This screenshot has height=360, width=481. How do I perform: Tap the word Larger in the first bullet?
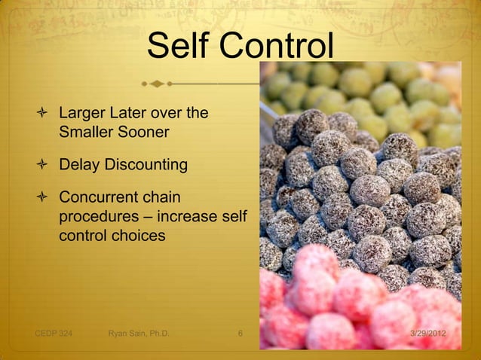click(x=82, y=114)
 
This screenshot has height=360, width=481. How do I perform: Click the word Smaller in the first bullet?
click(x=84, y=133)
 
